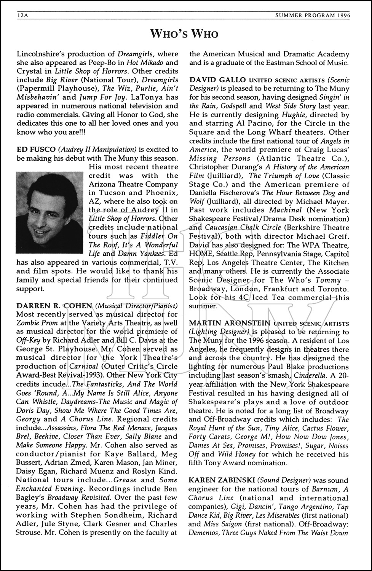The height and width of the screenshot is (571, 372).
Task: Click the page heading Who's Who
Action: pyautogui.click(x=186, y=34)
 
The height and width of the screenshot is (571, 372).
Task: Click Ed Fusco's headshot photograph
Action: pyautogui.click(x=49, y=212)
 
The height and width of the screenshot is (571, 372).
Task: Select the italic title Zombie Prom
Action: pyautogui.click(x=34, y=323)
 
